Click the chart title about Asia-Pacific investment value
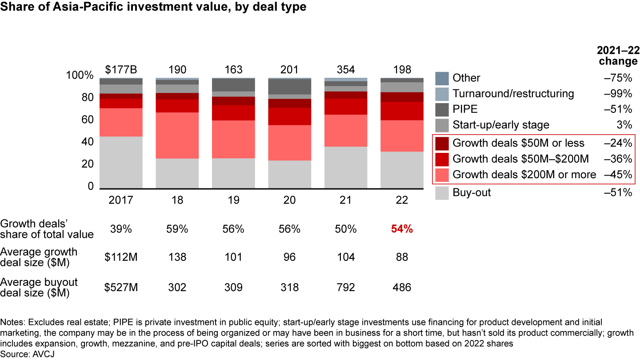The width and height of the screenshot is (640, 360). [153, 8]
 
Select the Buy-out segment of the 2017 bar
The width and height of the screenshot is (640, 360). [121, 162]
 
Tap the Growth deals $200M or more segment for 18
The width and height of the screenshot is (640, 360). [177, 136]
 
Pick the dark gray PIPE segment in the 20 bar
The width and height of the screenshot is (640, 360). [289, 87]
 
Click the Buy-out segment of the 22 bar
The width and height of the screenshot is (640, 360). [402, 170]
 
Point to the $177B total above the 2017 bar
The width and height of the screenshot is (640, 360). [121, 70]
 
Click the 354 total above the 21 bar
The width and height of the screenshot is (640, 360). [346, 70]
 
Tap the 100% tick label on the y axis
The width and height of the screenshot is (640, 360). [80, 76]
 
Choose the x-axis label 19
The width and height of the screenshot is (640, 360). [233, 200]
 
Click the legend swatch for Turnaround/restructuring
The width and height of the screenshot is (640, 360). [442, 94]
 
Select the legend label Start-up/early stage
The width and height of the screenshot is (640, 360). [501, 125]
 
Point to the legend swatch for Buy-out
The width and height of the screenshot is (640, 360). [442, 193]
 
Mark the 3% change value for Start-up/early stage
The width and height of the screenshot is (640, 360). [625, 125]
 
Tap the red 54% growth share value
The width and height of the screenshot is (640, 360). [402, 229]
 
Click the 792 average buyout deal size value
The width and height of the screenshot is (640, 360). [346, 288]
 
